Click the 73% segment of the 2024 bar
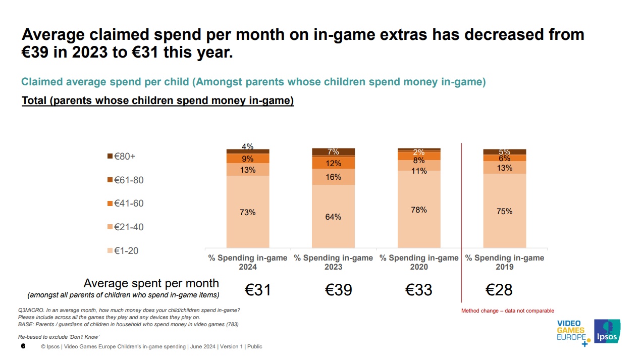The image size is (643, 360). [x=247, y=212]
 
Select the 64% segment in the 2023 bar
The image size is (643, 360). [x=333, y=217]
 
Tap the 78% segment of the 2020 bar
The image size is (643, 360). [x=419, y=210]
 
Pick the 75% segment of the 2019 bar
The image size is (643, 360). [x=505, y=211]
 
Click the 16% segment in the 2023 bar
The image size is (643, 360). [x=333, y=177]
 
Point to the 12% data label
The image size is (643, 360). [x=333, y=163]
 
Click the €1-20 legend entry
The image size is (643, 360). [x=123, y=250]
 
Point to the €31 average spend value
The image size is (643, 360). [x=258, y=290]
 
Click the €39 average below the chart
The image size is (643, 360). [x=338, y=290]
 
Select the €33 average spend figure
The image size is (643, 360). [x=419, y=290]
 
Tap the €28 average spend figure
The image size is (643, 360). [x=499, y=290]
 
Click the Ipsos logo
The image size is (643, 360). [x=607, y=331]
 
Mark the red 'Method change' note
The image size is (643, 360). [x=507, y=311]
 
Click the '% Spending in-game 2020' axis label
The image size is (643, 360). [x=419, y=262]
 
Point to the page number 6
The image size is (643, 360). [x=23, y=346]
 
